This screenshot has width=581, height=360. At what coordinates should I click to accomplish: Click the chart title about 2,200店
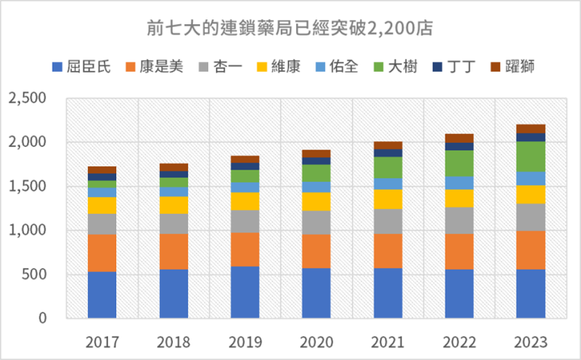tap(290, 30)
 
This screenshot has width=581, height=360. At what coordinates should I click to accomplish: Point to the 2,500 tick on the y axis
tap(27, 98)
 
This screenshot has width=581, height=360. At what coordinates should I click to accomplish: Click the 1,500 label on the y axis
tap(27, 186)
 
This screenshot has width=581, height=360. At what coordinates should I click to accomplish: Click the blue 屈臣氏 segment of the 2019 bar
tap(245, 291)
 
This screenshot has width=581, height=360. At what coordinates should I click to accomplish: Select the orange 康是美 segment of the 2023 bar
tap(531, 249)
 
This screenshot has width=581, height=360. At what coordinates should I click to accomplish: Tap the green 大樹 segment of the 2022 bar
tap(459, 163)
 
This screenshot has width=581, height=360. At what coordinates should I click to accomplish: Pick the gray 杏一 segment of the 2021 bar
tap(387, 221)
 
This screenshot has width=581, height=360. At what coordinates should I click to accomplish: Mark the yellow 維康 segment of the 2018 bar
tap(173, 205)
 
